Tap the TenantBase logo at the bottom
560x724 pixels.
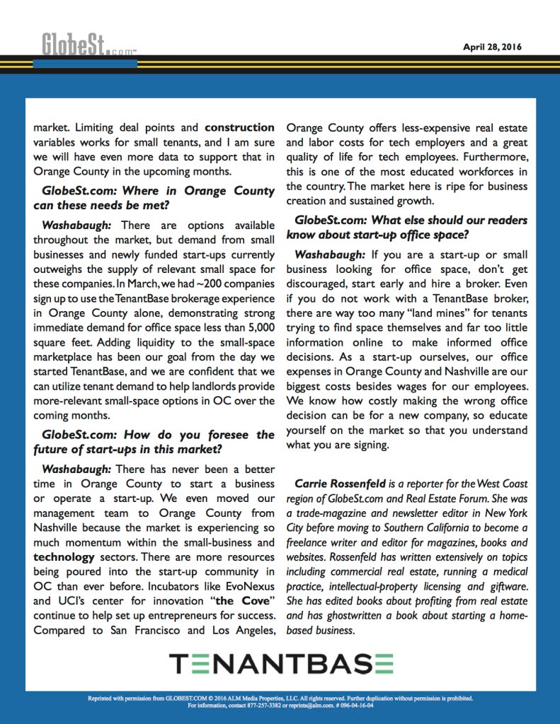tap(280, 665)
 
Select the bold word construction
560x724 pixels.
tap(239, 128)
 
